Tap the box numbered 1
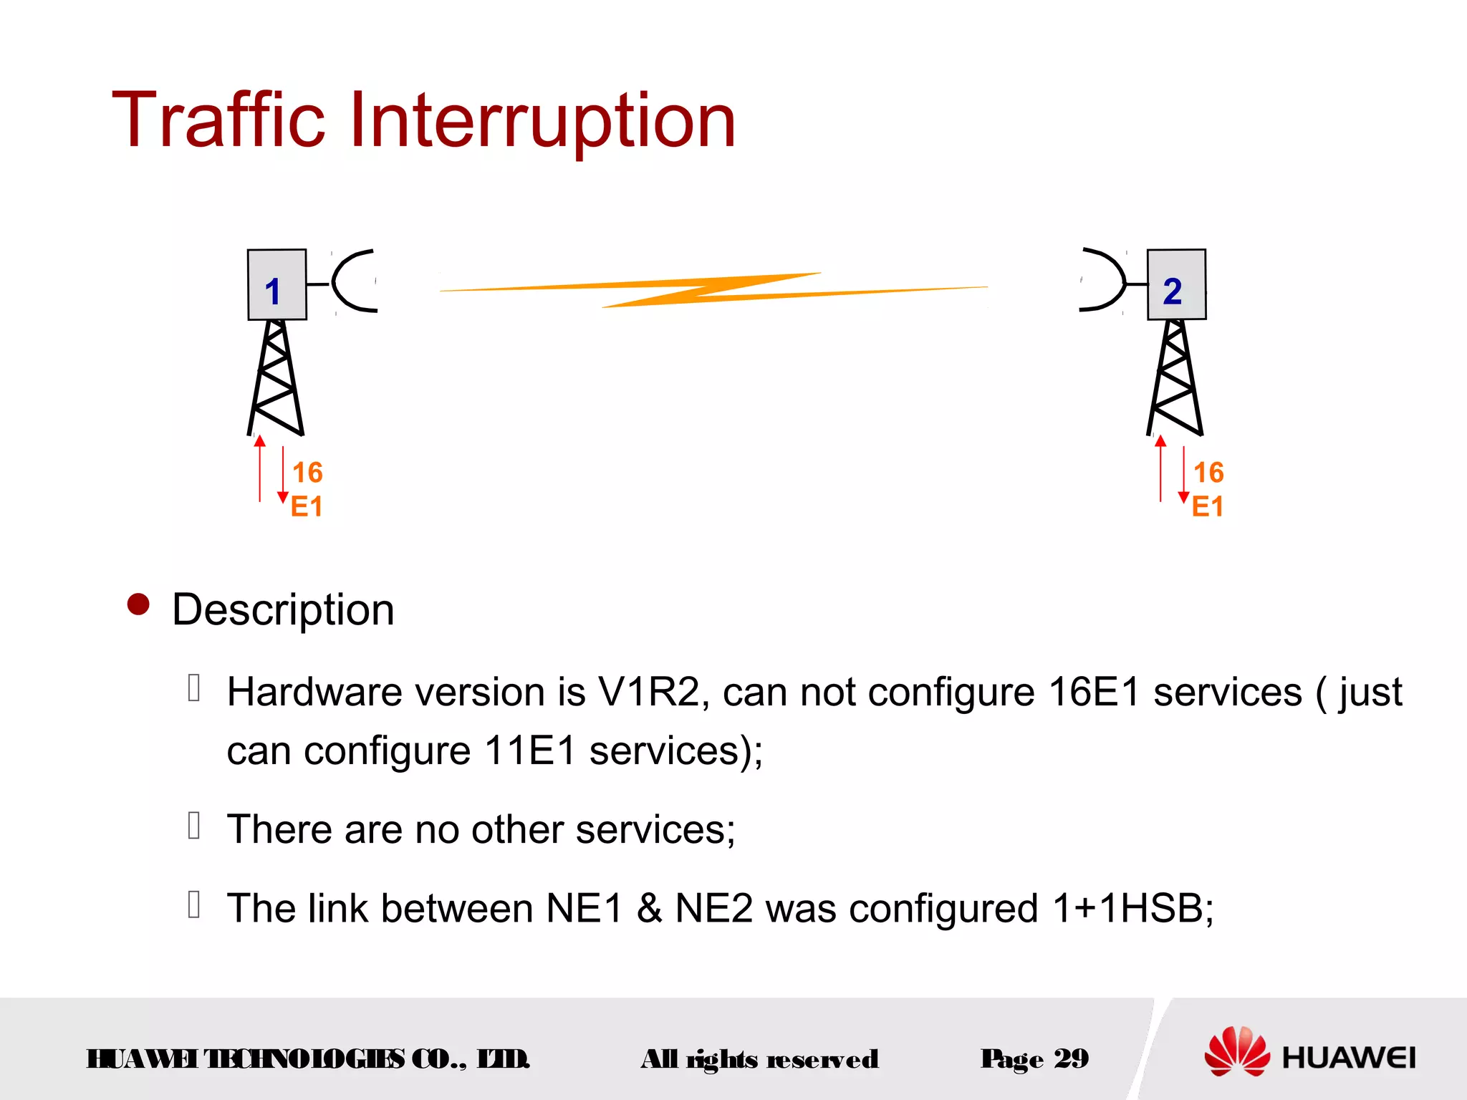pyautogui.click(x=276, y=285)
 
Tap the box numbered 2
pyautogui.click(x=1176, y=285)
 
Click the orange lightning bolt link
pyautogui.click(x=713, y=289)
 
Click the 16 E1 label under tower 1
pyautogui.click(x=307, y=489)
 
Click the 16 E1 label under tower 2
pyautogui.click(x=1208, y=489)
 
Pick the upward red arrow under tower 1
pyautogui.click(x=260, y=468)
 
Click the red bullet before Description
pyautogui.click(x=138, y=604)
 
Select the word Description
pyautogui.click(x=283, y=610)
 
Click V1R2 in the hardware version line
pyautogui.click(x=648, y=693)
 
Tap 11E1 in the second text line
pyautogui.click(x=530, y=751)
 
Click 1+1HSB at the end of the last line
pyautogui.click(x=1132, y=908)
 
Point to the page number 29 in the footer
pyautogui.click(x=1071, y=1058)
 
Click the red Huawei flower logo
pyautogui.click(x=1236, y=1051)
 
